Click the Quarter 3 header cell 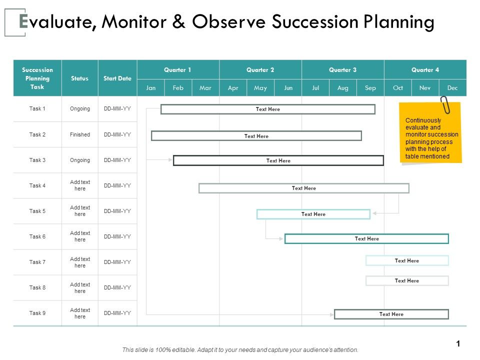coord(342,70)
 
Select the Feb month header coord(178,88)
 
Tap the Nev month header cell coord(425,88)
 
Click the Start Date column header coord(117,78)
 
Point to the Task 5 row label coord(37,211)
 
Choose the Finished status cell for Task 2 coord(80,134)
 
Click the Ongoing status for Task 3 coord(80,160)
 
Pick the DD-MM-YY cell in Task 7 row coord(117,262)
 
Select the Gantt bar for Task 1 coord(268,109)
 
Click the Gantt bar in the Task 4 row coord(304,188)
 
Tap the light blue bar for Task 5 coord(313,214)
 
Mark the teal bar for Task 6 coord(366,238)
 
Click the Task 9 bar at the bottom coord(391,314)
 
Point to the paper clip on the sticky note coord(444,105)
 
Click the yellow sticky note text coord(431,138)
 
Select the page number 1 coord(457,343)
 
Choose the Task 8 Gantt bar coord(407,280)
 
